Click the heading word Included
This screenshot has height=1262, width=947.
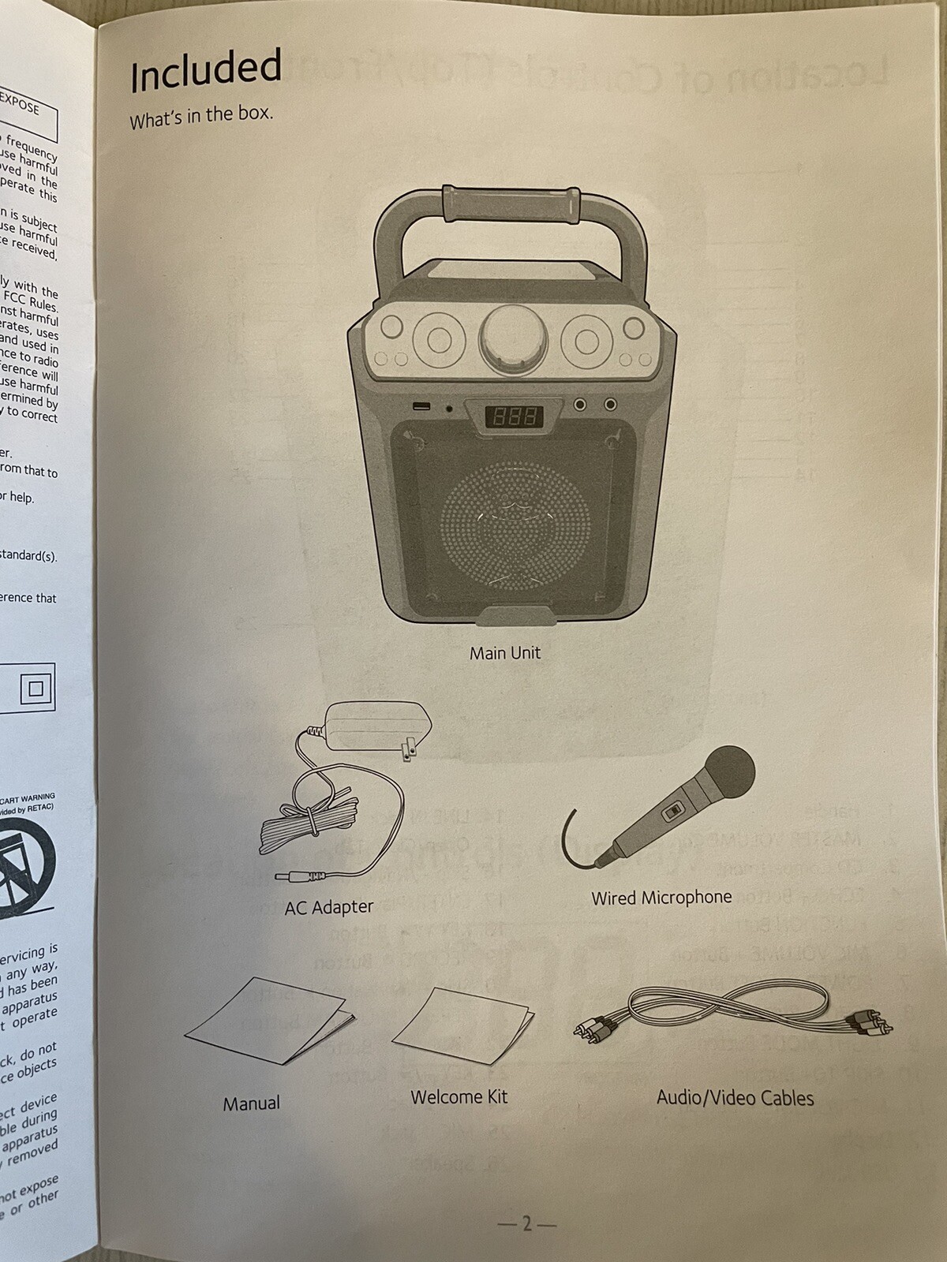tap(205, 69)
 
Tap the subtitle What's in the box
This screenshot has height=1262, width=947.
tap(201, 117)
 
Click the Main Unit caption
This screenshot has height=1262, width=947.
tap(505, 653)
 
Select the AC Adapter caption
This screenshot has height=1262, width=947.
tap(328, 907)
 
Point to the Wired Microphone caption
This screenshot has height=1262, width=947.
tap(661, 898)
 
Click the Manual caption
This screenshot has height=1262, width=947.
tap(251, 1103)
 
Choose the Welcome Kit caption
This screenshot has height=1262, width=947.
tap(459, 1096)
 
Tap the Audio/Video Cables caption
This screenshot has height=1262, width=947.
tap(735, 1097)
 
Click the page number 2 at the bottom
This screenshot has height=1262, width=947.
tap(526, 1224)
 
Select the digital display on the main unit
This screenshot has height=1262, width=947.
tap(512, 416)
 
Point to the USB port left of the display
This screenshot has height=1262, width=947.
tap(420, 407)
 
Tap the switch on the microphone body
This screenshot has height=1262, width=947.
tap(672, 811)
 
